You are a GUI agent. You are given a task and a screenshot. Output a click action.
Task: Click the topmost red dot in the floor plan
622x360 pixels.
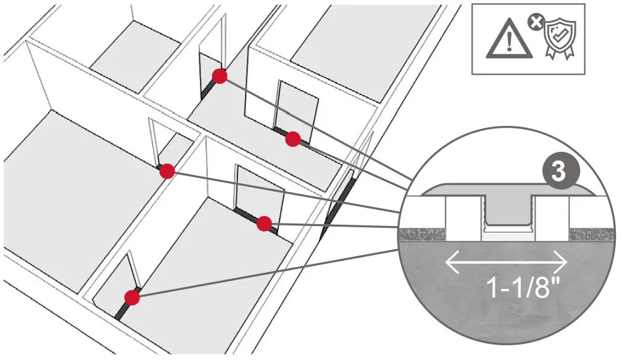pyautogui.click(x=220, y=76)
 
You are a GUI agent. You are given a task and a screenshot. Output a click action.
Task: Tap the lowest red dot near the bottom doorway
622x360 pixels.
pyautogui.click(x=131, y=298)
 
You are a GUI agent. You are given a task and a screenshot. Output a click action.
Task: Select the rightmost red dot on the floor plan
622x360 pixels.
pyautogui.click(x=293, y=140)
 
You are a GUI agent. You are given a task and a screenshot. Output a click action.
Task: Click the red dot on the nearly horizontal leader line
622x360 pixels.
pyautogui.click(x=264, y=224)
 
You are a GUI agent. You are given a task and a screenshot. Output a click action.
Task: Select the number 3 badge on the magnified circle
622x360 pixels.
pyautogui.click(x=558, y=171)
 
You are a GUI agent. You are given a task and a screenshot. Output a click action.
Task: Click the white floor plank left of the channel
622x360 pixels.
pyautogui.click(x=462, y=219)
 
